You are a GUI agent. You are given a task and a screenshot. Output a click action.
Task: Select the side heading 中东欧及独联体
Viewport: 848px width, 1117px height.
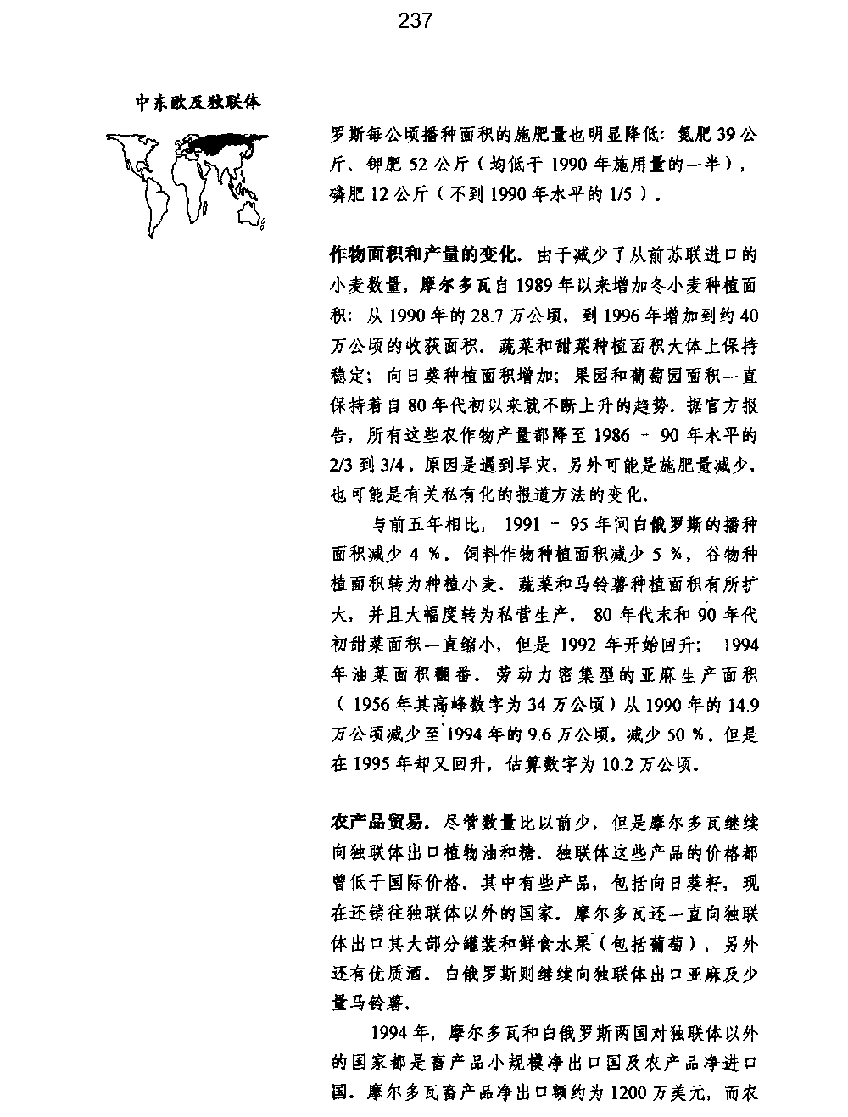point(198,103)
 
